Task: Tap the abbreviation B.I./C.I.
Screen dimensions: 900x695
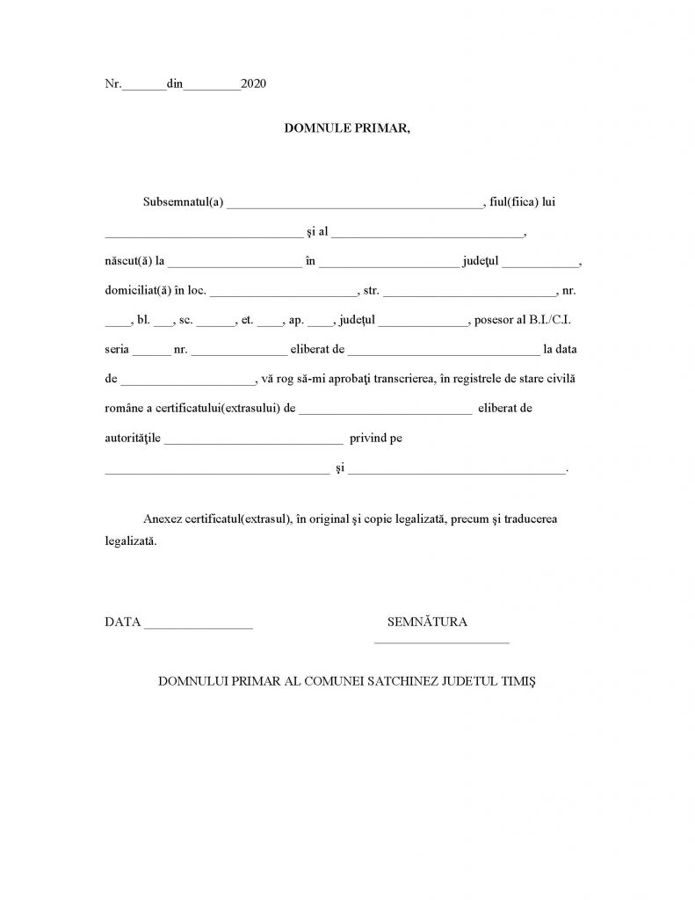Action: tap(553, 320)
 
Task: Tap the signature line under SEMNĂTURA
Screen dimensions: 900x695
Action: tap(441, 643)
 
